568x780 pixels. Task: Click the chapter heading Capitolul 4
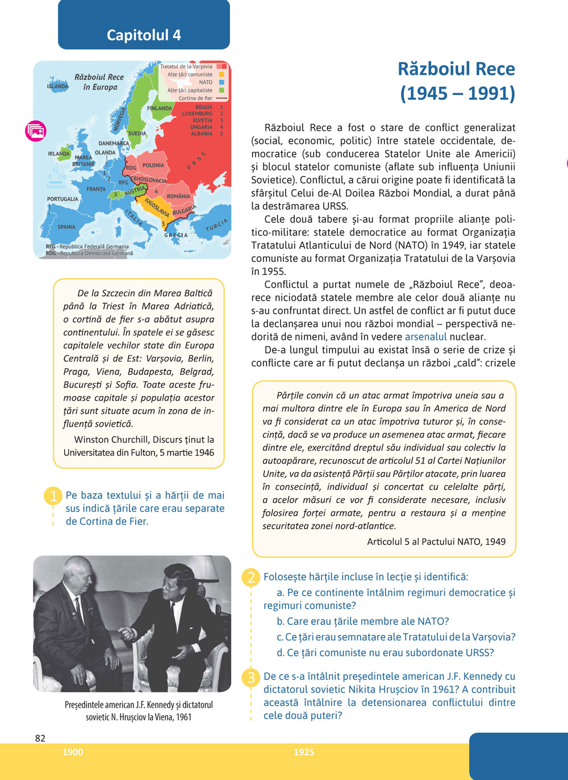pyautogui.click(x=144, y=35)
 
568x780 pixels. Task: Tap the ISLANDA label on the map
pyautogui.click(x=57, y=86)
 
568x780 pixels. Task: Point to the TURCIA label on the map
pyautogui.click(x=216, y=225)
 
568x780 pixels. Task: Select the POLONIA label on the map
pyautogui.click(x=153, y=165)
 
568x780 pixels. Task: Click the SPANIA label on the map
pyautogui.click(x=66, y=227)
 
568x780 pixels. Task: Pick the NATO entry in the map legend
pyautogui.click(x=206, y=82)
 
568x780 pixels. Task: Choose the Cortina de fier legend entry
pyautogui.click(x=195, y=98)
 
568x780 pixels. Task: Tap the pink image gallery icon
pyautogui.click(x=36, y=131)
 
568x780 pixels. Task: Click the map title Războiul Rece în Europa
pyautogui.click(x=99, y=82)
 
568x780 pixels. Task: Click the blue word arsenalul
pyautogui.click(x=425, y=336)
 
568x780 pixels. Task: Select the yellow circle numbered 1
pyautogui.click(x=52, y=496)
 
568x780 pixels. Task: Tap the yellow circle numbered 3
pyautogui.click(x=250, y=677)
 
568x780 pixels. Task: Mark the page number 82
pyautogui.click(x=40, y=738)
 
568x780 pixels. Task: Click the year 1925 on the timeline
pyautogui.click(x=304, y=752)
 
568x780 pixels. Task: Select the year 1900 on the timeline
pyautogui.click(x=73, y=752)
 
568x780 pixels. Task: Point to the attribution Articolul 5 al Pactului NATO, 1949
pyautogui.click(x=436, y=541)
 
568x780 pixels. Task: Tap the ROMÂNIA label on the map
pyautogui.click(x=178, y=196)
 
